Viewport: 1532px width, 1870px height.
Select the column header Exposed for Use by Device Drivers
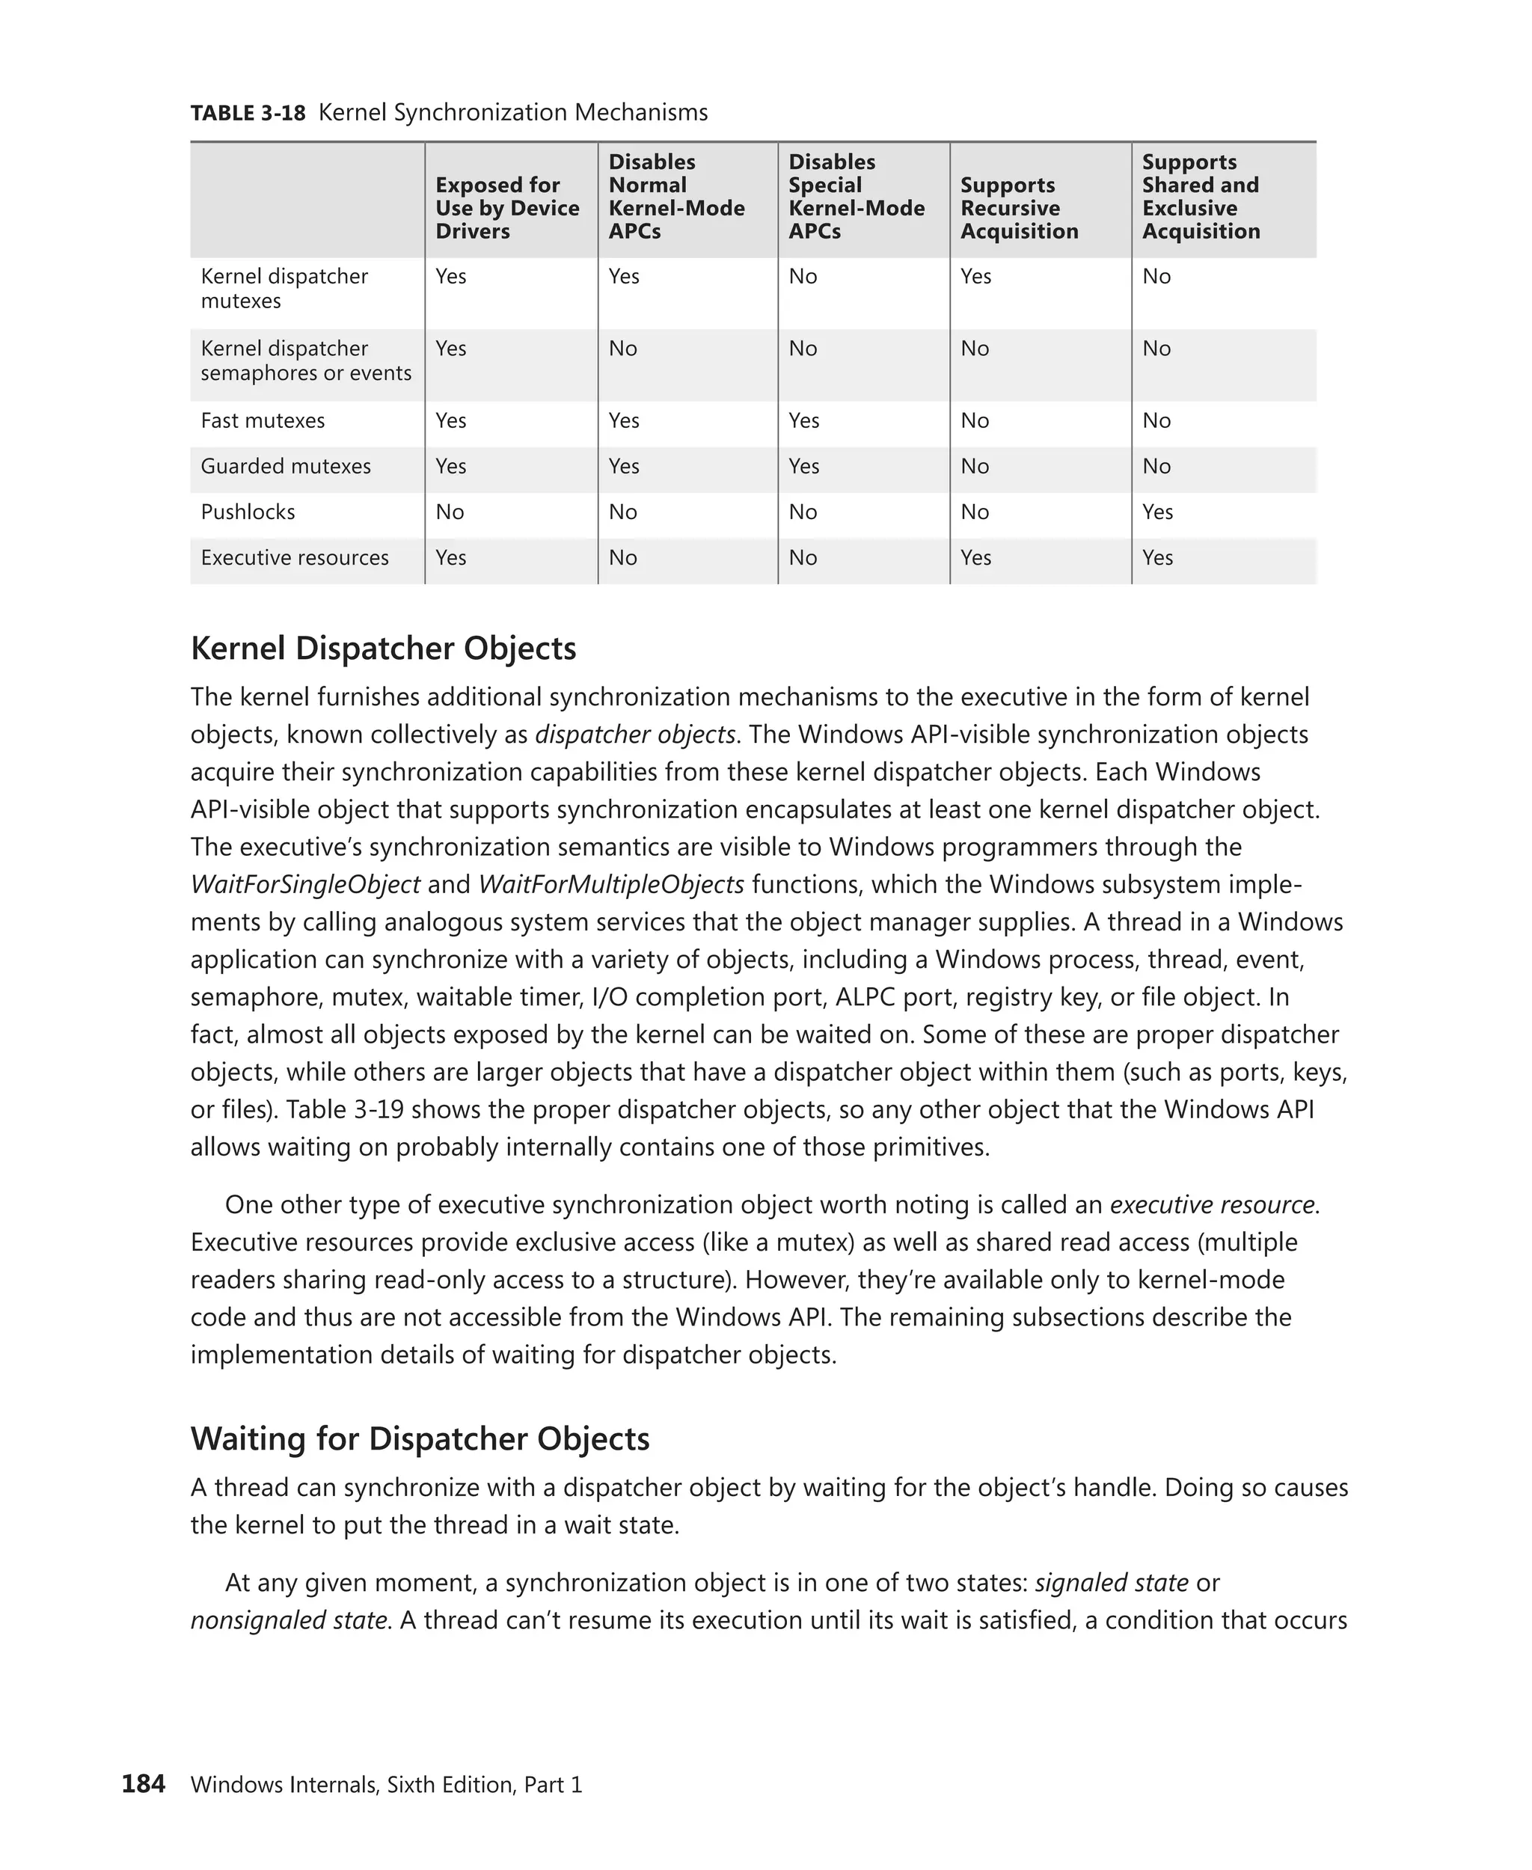coord(506,208)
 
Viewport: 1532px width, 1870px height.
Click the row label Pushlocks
coord(248,512)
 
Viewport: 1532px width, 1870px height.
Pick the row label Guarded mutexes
coord(286,466)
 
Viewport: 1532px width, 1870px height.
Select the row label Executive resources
coord(295,558)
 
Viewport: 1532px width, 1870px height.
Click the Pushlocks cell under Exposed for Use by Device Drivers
coord(450,512)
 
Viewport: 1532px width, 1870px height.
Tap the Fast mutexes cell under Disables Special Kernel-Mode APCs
coord(804,420)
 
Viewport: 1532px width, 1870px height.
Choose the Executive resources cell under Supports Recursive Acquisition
coord(976,558)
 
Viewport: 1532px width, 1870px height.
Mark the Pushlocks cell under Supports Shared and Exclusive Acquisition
coord(1157,512)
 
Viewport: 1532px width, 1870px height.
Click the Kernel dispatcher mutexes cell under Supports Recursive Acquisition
coord(976,276)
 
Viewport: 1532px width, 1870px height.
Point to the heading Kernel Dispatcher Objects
coord(383,649)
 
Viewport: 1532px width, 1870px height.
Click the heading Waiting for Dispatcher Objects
coord(420,1438)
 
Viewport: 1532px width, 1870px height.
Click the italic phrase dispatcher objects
coord(635,735)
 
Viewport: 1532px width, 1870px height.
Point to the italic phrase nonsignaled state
coord(289,1620)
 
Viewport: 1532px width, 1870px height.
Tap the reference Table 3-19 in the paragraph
coord(345,1109)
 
